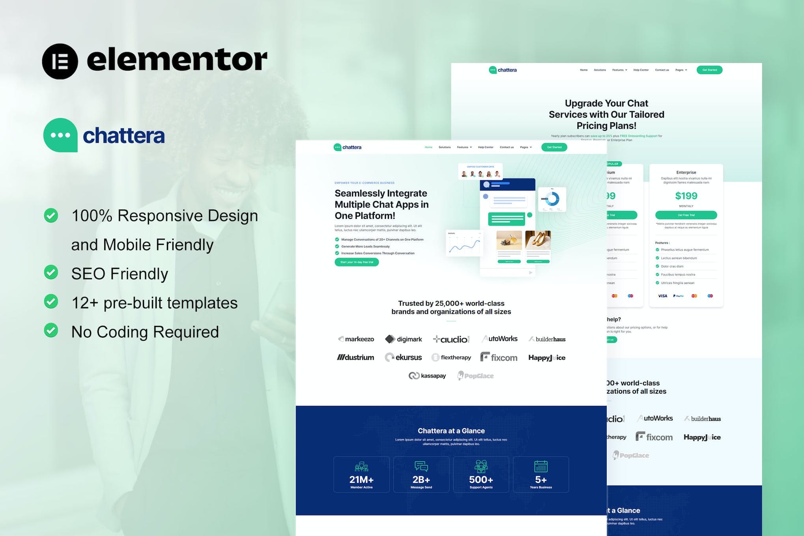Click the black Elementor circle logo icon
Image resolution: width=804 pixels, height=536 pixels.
[x=60, y=62]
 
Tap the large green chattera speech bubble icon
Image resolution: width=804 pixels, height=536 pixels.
[x=60, y=135]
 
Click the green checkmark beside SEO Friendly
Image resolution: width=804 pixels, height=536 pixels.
[x=51, y=272]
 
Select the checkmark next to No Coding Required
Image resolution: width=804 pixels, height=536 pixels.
[x=51, y=331]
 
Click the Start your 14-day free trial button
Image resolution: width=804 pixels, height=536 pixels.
[x=357, y=262]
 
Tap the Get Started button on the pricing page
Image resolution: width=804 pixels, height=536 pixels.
[x=709, y=70]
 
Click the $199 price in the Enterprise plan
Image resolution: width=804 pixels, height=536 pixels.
[x=686, y=196]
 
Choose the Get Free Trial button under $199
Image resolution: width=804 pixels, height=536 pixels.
[x=686, y=215]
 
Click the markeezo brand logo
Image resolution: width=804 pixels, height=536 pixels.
[x=356, y=339]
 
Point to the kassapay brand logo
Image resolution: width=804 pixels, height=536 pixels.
[x=427, y=376]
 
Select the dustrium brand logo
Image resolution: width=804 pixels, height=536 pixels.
[x=355, y=358]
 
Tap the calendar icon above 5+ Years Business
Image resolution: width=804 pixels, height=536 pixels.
[x=540, y=467]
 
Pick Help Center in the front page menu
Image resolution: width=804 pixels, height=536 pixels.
[x=486, y=148]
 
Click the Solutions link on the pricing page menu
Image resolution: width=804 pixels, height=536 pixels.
[x=600, y=70]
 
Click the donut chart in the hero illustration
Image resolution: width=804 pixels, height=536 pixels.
[x=552, y=198]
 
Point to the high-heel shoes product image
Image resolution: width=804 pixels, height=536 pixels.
[x=538, y=240]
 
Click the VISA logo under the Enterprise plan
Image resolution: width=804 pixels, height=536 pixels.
[x=663, y=296]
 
